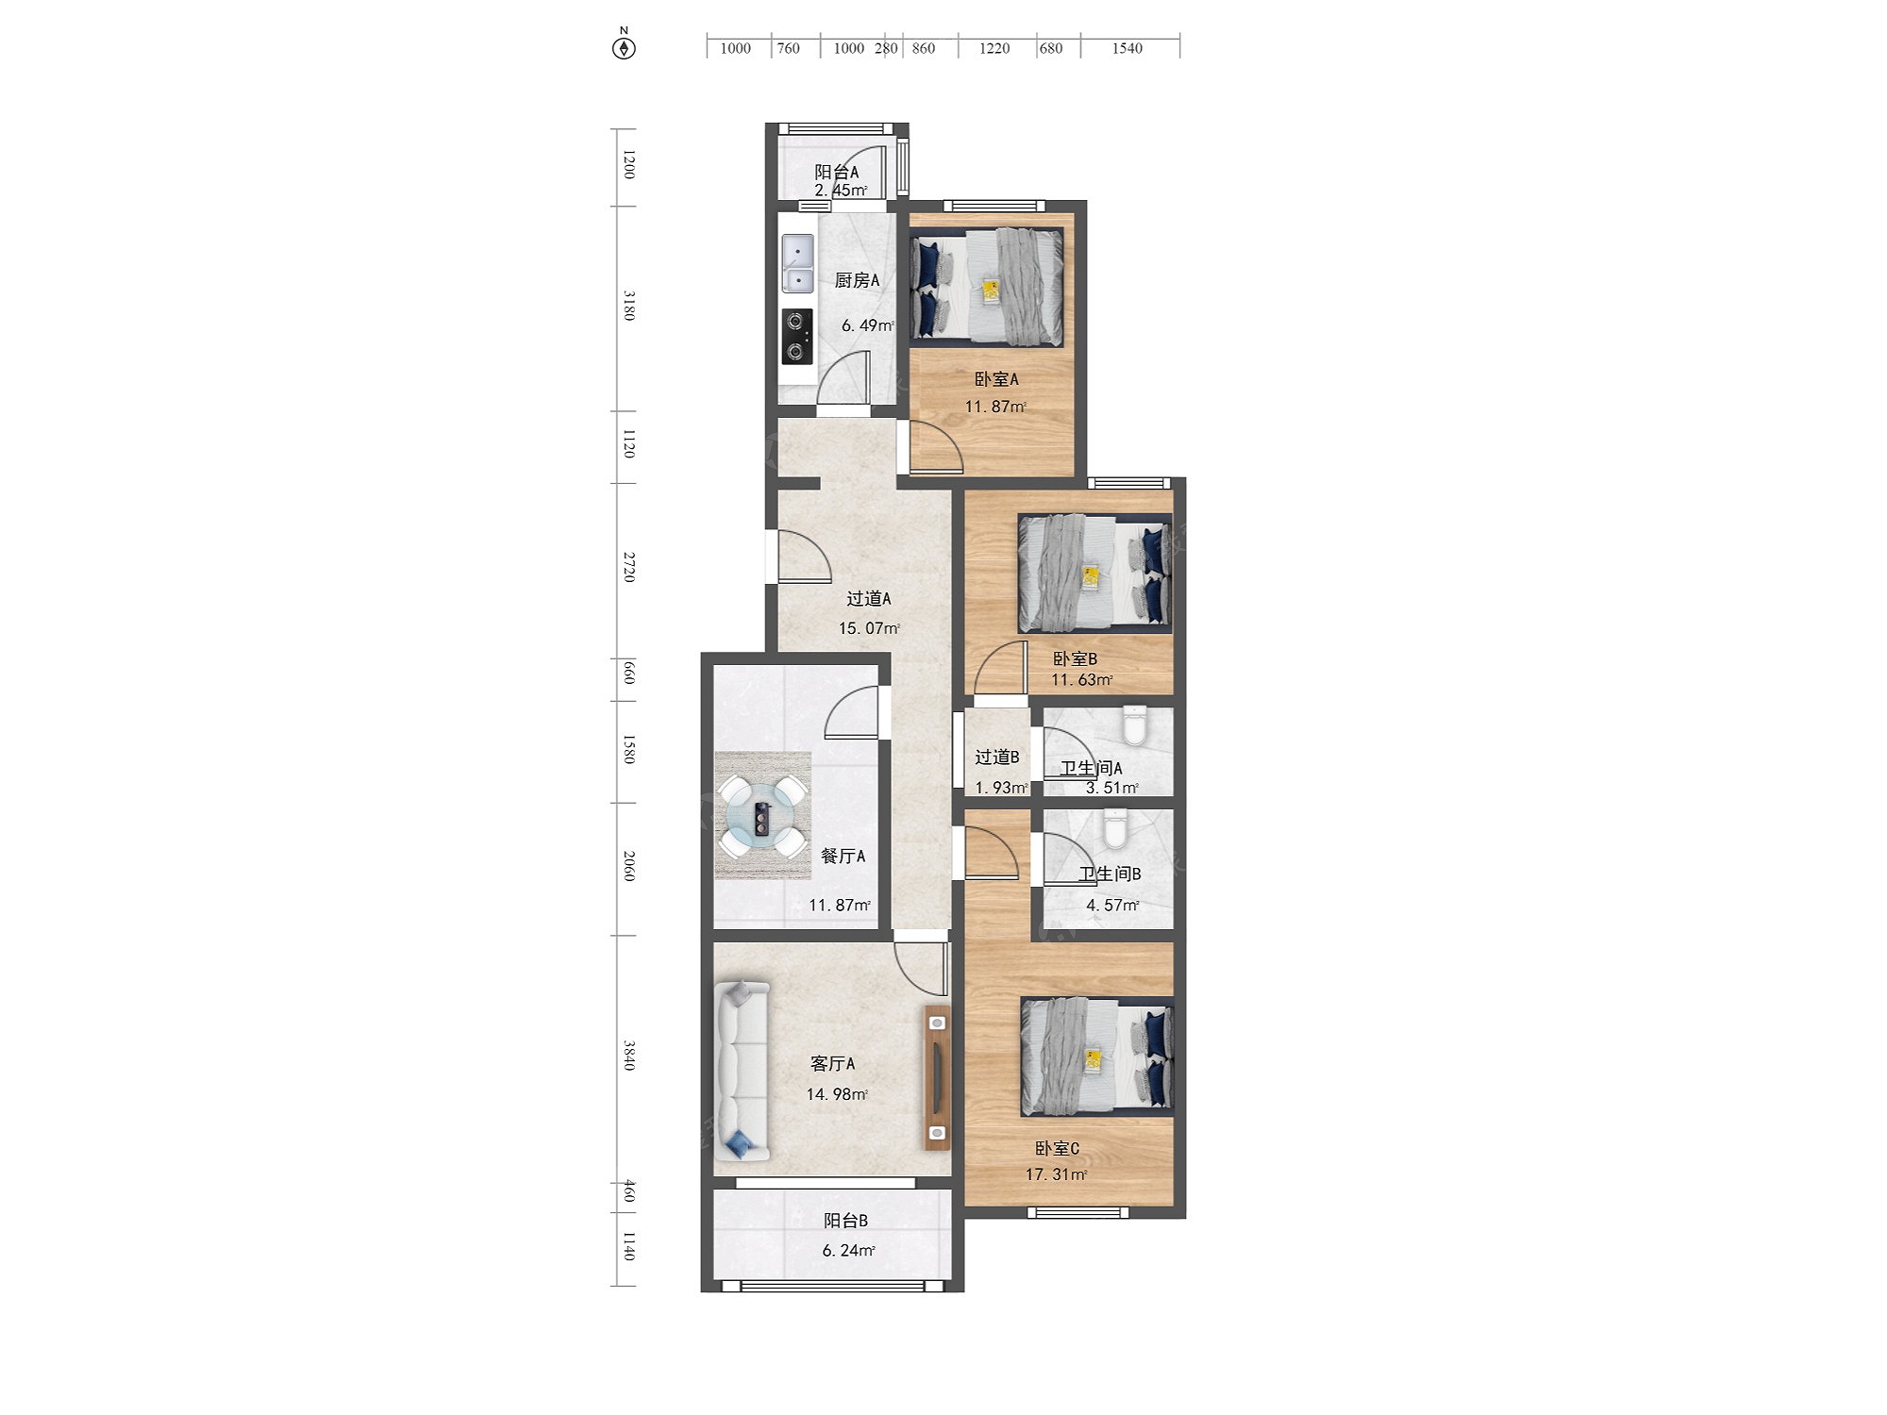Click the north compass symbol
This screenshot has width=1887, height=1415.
pyautogui.click(x=624, y=46)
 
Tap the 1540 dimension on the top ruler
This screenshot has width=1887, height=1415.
pyautogui.click(x=1127, y=48)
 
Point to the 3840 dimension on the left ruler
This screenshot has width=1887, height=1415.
pyautogui.click(x=629, y=1056)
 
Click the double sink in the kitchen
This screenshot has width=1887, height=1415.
pyautogui.click(x=798, y=263)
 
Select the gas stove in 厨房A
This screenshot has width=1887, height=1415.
pyautogui.click(x=797, y=337)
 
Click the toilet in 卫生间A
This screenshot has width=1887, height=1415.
pyautogui.click(x=1134, y=724)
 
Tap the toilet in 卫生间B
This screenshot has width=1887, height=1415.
pyautogui.click(x=1116, y=828)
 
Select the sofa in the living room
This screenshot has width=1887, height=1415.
pyautogui.click(x=743, y=1071)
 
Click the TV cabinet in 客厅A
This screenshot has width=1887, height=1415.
pyautogui.click(x=937, y=1077)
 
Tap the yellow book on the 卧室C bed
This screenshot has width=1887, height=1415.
pyautogui.click(x=1094, y=1060)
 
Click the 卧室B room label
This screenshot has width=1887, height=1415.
pyautogui.click(x=1075, y=658)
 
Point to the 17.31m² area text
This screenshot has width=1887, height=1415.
pyautogui.click(x=1057, y=1174)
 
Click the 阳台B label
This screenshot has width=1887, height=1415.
pyautogui.click(x=845, y=1220)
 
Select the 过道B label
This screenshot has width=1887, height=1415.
pyautogui.click(x=997, y=757)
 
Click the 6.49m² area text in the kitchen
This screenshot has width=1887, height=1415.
pyautogui.click(x=868, y=325)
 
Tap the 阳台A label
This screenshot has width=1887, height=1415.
pyautogui.click(x=837, y=172)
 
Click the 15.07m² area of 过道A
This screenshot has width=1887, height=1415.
pyautogui.click(x=869, y=628)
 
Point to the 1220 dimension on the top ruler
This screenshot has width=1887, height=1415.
pyautogui.click(x=994, y=48)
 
